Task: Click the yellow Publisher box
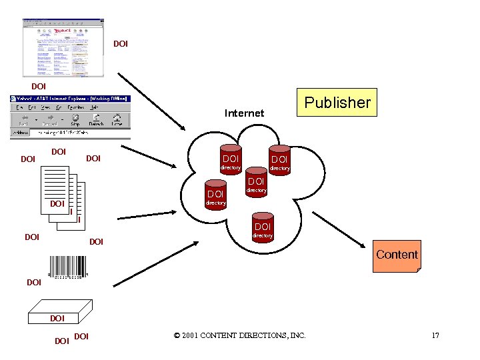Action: click(x=337, y=102)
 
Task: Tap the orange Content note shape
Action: click(x=397, y=256)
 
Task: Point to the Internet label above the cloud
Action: click(x=244, y=113)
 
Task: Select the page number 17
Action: click(x=435, y=335)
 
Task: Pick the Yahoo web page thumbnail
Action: click(x=64, y=47)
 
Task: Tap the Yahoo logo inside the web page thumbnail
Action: click(x=64, y=31)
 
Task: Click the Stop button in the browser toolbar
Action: click(x=75, y=120)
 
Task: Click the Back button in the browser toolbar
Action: click(x=23, y=120)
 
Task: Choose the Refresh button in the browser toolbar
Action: click(x=96, y=120)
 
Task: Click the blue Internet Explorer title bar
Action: click(x=70, y=99)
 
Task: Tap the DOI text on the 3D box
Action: click(x=57, y=319)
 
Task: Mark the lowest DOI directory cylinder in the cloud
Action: click(x=262, y=226)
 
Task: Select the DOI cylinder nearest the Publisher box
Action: click(x=279, y=159)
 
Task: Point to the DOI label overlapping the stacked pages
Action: click(x=57, y=203)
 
